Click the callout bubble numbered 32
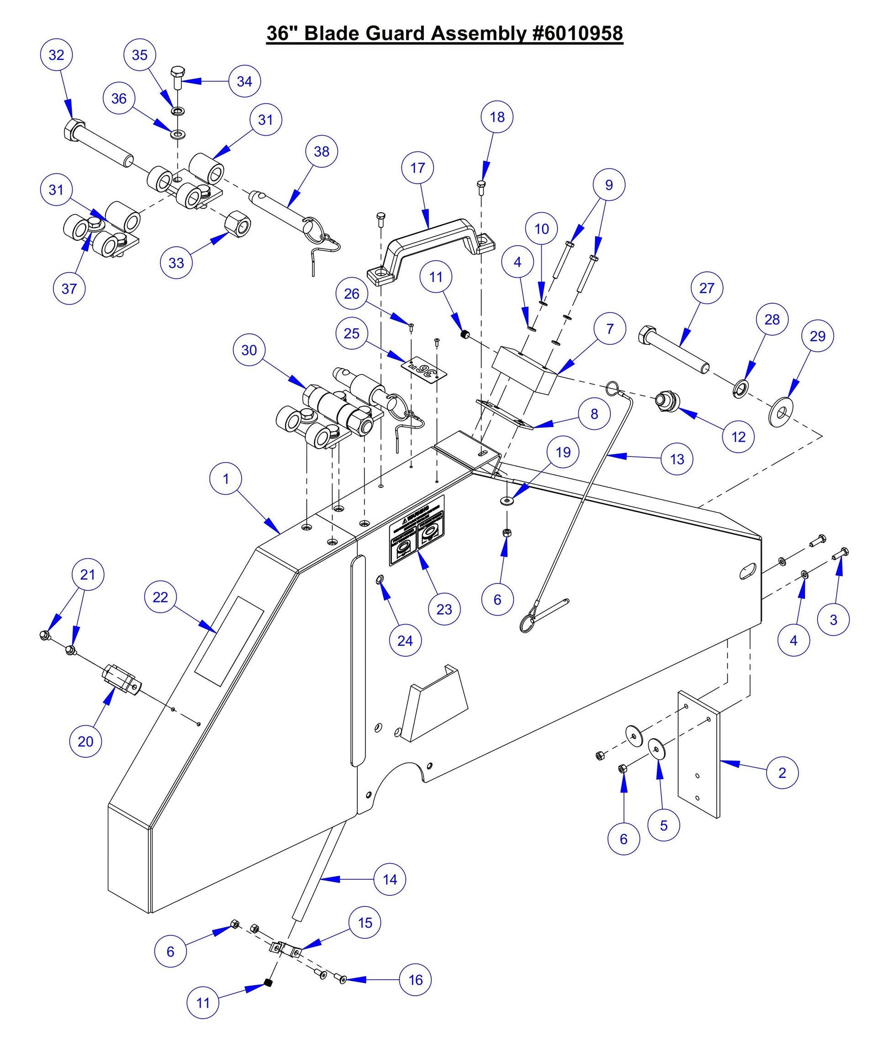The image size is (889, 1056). (x=57, y=55)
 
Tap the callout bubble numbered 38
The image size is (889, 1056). (x=322, y=151)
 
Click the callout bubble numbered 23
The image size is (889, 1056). (x=444, y=609)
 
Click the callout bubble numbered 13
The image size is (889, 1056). (x=677, y=459)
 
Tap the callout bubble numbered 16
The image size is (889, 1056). (x=415, y=980)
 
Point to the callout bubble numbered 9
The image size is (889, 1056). (x=609, y=185)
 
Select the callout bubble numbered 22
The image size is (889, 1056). (x=160, y=597)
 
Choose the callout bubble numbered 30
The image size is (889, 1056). (x=249, y=350)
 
